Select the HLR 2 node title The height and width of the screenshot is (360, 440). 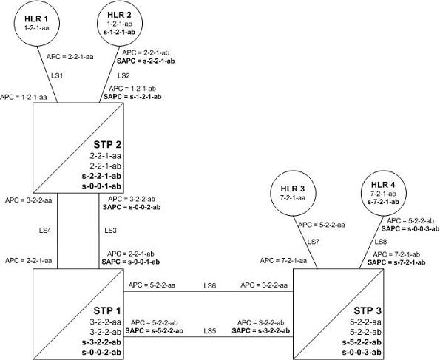pyautogui.click(x=119, y=15)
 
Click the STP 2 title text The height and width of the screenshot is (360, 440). pyautogui.click(x=107, y=145)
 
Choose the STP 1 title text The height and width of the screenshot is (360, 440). pyautogui.click(x=107, y=311)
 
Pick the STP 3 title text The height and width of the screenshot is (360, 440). pyautogui.click(x=368, y=311)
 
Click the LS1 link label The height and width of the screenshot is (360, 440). pyautogui.click(x=57, y=75)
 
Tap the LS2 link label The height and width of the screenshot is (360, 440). pyautogui.click(x=123, y=75)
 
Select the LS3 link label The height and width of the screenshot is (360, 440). pyautogui.click(x=110, y=231)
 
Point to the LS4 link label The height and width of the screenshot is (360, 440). pyautogui.click(x=45, y=231)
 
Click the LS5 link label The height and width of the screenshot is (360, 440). pyautogui.click(x=210, y=331)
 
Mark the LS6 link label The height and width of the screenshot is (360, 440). pyautogui.click(x=210, y=285)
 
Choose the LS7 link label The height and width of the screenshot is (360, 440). pyautogui.click(x=314, y=242)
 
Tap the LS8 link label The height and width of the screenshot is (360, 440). pyautogui.click(x=381, y=242)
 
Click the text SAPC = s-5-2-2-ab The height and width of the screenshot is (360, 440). pyautogui.click(x=155, y=331)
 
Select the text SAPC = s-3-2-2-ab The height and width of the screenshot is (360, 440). pyautogui.click(x=261, y=331)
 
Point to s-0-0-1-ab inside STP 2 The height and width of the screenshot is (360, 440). pyautogui.click(x=101, y=186)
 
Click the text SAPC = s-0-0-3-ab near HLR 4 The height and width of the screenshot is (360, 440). pyautogui.click(x=410, y=228)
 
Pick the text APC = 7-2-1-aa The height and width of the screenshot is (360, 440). pyautogui.click(x=283, y=261)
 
